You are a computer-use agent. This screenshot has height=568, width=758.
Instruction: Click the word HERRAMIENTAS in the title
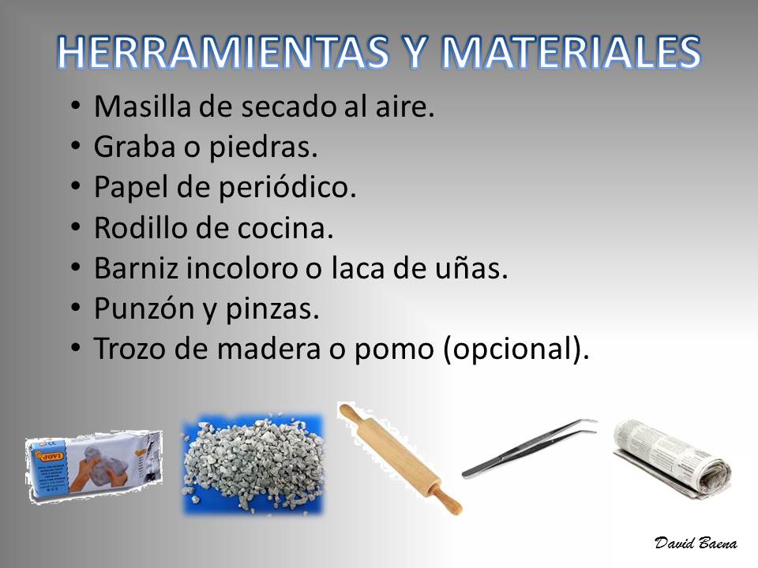click(x=223, y=52)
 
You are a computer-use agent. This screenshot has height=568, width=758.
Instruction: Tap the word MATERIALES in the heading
click(x=571, y=52)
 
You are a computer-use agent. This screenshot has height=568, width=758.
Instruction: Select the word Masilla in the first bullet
click(x=143, y=106)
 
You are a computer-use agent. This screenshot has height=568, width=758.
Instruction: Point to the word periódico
click(x=287, y=188)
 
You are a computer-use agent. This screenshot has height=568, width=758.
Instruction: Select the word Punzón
click(x=144, y=308)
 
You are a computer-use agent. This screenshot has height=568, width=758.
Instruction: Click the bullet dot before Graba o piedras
click(x=75, y=146)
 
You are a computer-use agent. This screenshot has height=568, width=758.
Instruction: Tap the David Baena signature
click(x=696, y=543)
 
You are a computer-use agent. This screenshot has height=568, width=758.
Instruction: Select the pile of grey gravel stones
click(x=253, y=464)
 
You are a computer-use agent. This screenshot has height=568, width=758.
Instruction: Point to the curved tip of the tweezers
click(x=593, y=421)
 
